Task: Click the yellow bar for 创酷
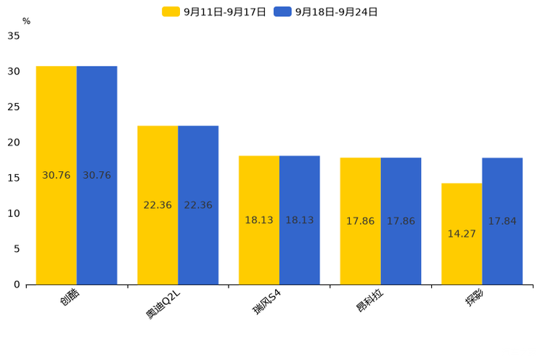57,175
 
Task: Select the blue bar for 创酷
97,175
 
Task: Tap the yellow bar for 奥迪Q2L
157,205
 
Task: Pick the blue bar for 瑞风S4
299,220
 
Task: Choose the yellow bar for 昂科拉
360,221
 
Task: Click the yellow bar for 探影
462,234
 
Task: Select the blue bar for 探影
502,221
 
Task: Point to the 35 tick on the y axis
14,36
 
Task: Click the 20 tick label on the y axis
14,142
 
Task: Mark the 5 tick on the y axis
17,249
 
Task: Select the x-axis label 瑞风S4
266,302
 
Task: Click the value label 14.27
462,234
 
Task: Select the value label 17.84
502,221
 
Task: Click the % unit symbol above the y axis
26,22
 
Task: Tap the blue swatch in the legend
282,12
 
